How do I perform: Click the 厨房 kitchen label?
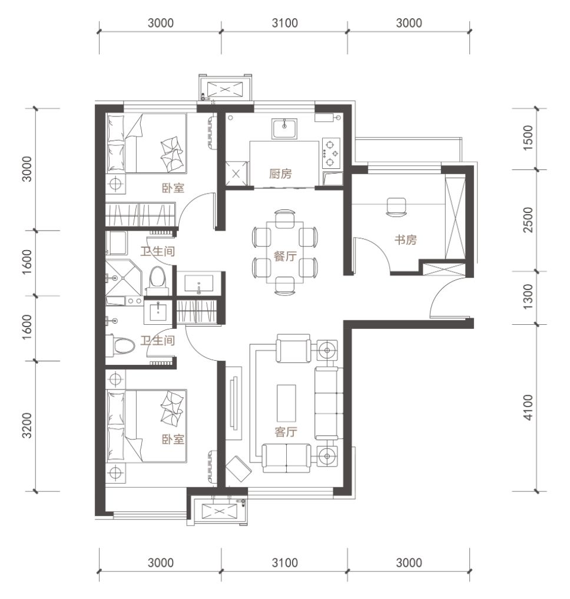tap(280, 174)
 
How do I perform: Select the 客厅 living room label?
tap(286, 432)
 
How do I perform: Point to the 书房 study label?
tap(405, 240)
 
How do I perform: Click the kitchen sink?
tap(284, 128)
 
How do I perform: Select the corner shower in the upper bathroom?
tap(124, 278)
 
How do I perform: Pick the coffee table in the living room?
tap(286, 402)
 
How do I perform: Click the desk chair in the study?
tap(396, 207)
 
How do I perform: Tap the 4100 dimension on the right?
tap(528, 408)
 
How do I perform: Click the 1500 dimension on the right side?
tap(528, 138)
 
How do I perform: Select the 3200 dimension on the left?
tap(26, 425)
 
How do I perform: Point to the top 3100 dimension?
tap(285, 23)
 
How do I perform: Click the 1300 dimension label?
tap(528, 297)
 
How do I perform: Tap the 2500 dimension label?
tap(528, 219)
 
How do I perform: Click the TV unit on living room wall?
tap(233, 403)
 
